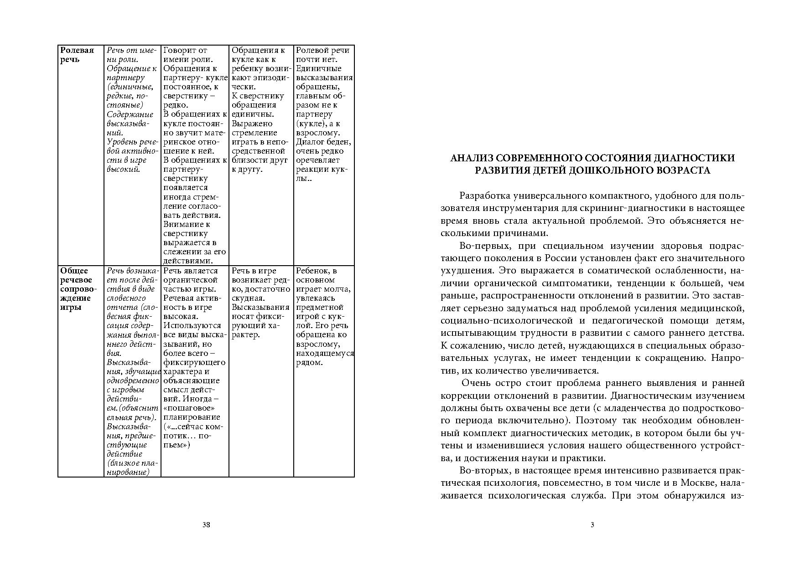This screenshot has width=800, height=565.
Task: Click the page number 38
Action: tap(206, 524)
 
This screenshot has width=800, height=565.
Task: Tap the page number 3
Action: tap(592, 524)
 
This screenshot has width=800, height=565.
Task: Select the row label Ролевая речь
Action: tap(77, 55)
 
